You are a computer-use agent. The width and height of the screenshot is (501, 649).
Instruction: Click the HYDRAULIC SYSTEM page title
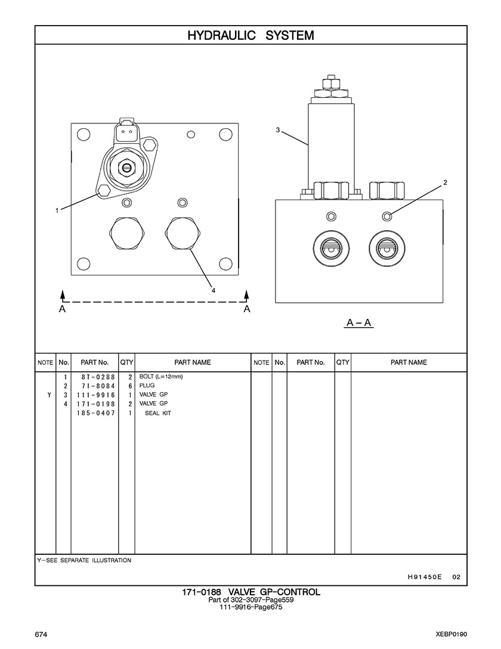pos(250,36)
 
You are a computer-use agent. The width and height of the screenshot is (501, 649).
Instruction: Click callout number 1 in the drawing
pos(57,210)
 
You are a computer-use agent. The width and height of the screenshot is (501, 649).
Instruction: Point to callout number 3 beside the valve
pos(278,130)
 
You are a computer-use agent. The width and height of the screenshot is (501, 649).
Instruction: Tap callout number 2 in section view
pos(445,182)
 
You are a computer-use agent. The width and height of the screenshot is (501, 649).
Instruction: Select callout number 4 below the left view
pos(213,290)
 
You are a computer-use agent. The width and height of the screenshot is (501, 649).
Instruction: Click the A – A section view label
pos(359,323)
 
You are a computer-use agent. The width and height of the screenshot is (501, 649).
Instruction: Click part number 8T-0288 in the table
pos(94,377)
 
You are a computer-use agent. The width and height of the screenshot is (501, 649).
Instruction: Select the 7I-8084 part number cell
pos(94,386)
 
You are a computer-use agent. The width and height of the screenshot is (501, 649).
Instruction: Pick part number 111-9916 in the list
pos(94,395)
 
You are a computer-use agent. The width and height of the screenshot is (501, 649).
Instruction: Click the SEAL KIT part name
pos(158,413)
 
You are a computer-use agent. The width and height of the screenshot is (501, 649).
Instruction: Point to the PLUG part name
pos(147,386)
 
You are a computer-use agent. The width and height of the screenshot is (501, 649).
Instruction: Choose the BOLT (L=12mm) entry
pos(161,377)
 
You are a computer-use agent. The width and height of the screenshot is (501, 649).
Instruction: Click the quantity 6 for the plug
pos(129,386)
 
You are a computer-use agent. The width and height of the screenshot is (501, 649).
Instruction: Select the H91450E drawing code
pos(424,576)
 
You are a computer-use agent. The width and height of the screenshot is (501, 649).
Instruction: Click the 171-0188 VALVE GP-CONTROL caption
pos(250,592)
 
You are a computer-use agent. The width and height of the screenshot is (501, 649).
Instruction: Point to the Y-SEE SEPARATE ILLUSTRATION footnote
pos(85,560)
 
